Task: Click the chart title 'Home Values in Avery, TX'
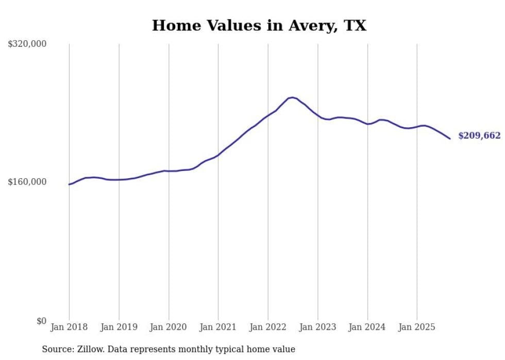tap(259, 25)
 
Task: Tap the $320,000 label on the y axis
tap(27, 44)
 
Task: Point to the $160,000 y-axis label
tap(27, 182)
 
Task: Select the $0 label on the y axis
tap(41, 321)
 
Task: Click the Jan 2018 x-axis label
tap(69, 327)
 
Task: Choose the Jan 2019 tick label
tap(119, 327)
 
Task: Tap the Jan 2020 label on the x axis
tap(169, 327)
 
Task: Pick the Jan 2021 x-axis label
tap(218, 327)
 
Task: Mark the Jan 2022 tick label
tap(268, 327)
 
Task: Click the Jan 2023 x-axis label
tap(317, 327)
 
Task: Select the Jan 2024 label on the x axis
tap(367, 327)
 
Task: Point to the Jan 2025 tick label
tap(417, 327)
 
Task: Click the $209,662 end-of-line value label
tap(479, 136)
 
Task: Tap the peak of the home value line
tap(292, 97)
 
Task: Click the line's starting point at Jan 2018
tap(69, 184)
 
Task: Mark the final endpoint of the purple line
tap(450, 139)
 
